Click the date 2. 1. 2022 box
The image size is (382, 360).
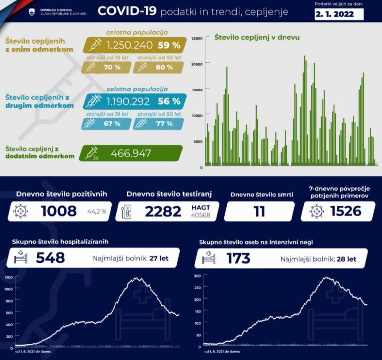339,14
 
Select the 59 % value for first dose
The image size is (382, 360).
169,45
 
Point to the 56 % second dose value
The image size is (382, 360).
169,102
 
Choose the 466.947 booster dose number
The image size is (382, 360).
131,153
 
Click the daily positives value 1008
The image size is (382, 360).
59,211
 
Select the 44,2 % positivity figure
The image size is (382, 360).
97,212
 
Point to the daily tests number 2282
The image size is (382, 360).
163,211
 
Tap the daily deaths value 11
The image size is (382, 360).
259,211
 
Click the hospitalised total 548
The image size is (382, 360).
50,258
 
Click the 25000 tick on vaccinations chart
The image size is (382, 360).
197,38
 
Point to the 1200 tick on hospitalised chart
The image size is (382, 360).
8,277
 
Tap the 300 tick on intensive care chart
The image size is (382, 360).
197,275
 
